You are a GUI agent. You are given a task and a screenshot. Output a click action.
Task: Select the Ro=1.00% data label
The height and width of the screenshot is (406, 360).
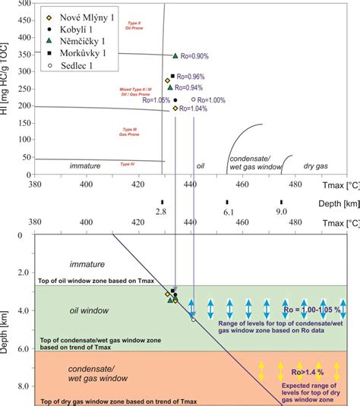[213, 99]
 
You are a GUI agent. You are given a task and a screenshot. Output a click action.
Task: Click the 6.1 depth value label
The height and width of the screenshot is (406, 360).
[227, 212]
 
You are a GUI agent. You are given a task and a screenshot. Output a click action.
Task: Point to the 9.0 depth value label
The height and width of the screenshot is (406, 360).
[281, 212]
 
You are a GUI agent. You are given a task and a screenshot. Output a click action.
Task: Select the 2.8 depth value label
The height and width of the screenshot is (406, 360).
[161, 212]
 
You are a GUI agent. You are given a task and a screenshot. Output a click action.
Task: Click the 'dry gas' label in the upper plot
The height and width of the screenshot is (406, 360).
[309, 165]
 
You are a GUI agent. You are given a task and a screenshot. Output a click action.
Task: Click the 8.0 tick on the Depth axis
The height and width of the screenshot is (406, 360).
[21, 386]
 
